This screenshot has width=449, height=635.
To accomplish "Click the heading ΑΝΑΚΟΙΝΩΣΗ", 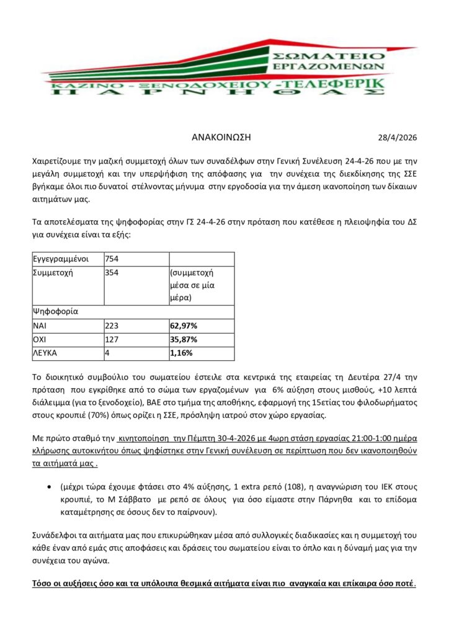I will pos(221,137).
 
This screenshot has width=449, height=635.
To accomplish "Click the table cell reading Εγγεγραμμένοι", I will pos(58,259).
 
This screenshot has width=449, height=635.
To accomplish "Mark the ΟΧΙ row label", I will pos(41,340).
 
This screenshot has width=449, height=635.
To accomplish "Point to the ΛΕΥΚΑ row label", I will pos(46,353).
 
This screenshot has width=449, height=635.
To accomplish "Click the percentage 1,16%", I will pos(180,353).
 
